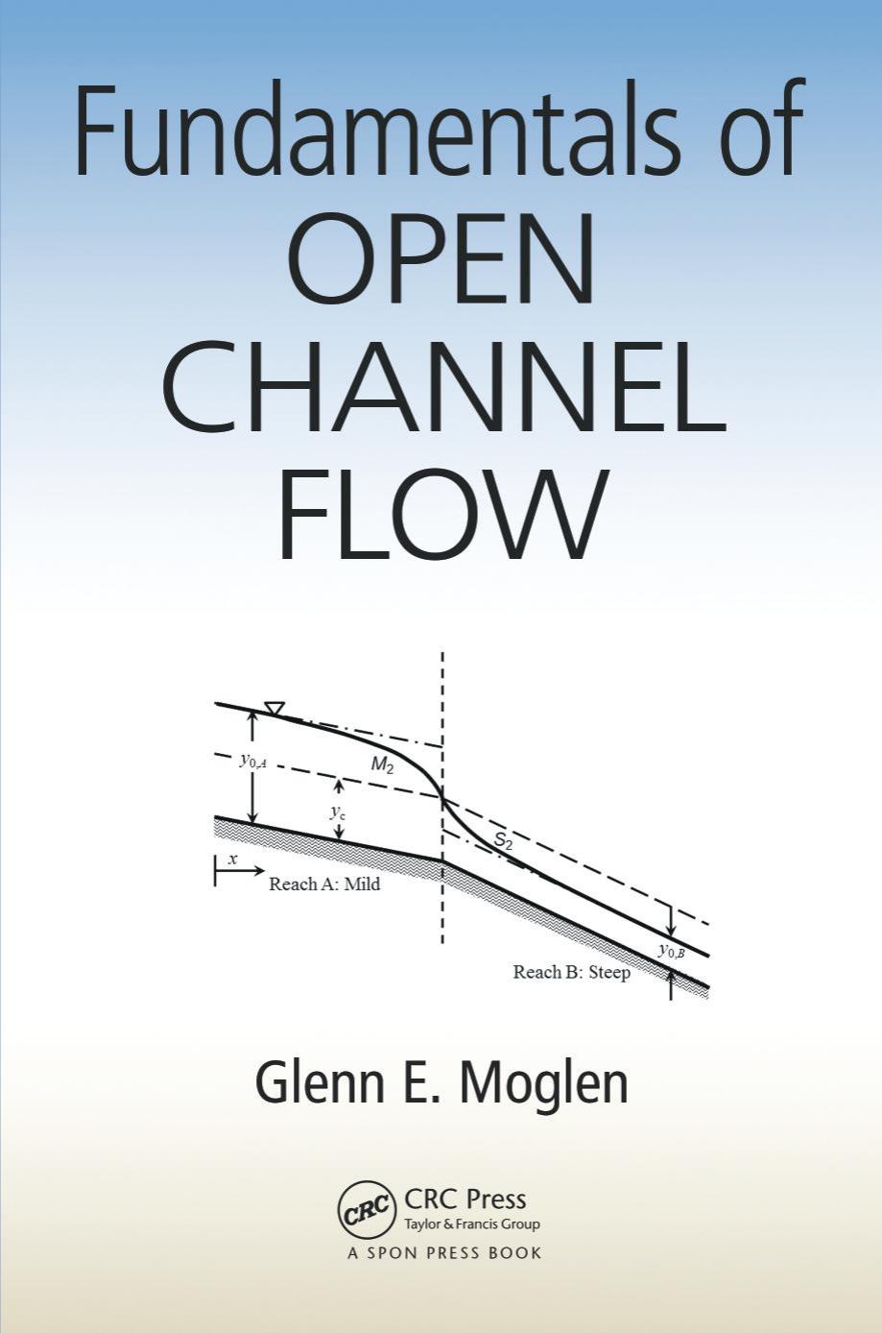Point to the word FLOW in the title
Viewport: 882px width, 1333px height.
[x=443, y=513]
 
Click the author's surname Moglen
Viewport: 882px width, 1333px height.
[x=543, y=1082]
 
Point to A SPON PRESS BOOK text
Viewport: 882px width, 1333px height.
[x=444, y=1252]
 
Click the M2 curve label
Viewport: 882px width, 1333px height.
[x=382, y=765]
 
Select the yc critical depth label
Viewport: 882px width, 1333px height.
[x=338, y=812]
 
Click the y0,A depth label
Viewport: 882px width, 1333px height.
[x=252, y=762]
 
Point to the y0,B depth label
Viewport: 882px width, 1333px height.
[x=672, y=951]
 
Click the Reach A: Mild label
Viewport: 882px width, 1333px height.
[x=324, y=885]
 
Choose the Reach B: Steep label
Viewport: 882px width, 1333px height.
[x=572, y=973]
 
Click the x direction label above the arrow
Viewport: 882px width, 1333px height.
[x=234, y=859]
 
